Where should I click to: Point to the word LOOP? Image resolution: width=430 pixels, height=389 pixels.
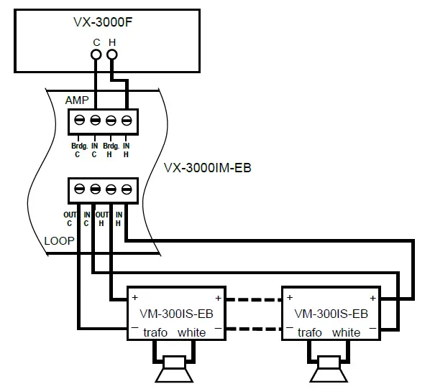[59, 241]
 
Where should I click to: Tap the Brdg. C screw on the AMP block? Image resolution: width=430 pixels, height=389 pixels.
[79, 120]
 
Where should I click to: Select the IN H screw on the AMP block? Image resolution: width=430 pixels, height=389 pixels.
[127, 120]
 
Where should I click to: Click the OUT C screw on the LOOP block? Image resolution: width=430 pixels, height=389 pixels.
[79, 189]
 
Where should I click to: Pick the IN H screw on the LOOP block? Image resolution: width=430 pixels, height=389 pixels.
[127, 189]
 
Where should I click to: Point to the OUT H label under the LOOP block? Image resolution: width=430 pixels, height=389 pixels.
[103, 218]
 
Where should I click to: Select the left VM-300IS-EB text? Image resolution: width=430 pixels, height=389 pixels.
[177, 314]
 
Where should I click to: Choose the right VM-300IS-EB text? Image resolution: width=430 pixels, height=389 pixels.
[331, 314]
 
